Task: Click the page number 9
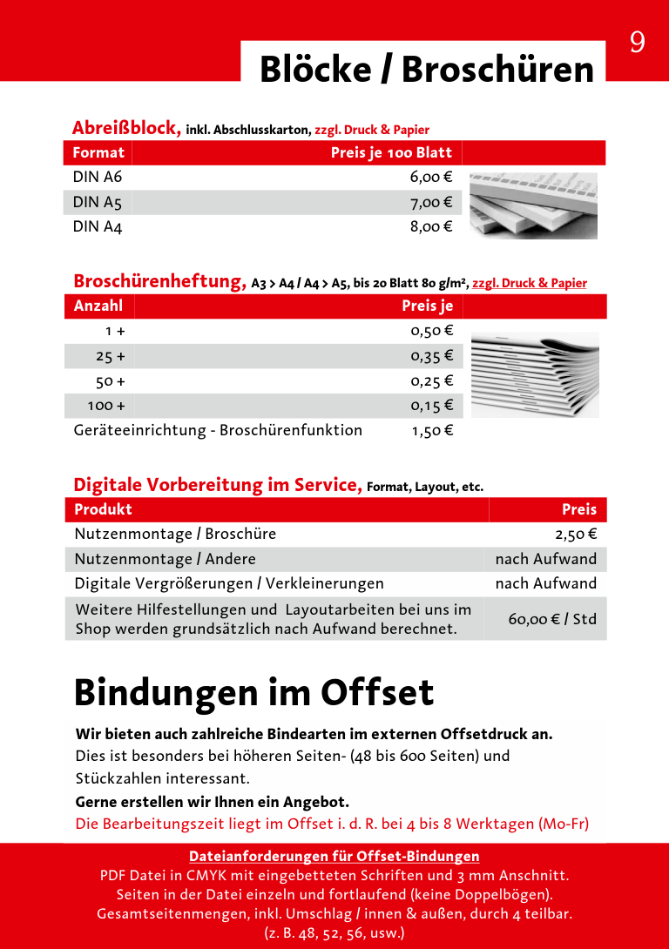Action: [x=637, y=43]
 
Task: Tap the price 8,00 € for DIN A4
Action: [x=431, y=227]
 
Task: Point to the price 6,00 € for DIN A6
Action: [x=431, y=178]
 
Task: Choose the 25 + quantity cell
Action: [x=111, y=356]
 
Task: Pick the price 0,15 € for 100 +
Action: [x=431, y=406]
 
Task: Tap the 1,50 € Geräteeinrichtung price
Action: [x=432, y=430]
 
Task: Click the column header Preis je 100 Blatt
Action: [x=391, y=153]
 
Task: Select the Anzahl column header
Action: [x=98, y=306]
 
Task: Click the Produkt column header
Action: [x=104, y=509]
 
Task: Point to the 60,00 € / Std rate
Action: [x=552, y=619]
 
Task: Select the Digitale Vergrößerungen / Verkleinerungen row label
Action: [x=229, y=583]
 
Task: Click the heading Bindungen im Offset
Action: [x=253, y=693]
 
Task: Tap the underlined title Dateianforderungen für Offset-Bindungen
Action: [x=334, y=856]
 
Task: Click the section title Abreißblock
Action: [x=126, y=128]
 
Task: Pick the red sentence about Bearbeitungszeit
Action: [x=332, y=824]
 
